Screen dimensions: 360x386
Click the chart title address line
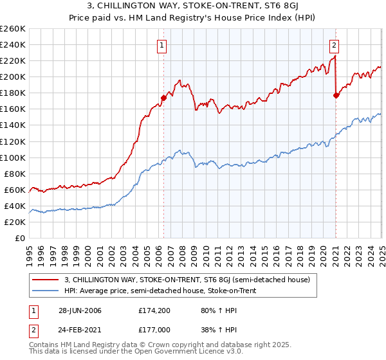coord(192,7)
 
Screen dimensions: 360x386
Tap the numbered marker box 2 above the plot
coord(335,45)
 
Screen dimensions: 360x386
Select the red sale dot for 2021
coord(336,95)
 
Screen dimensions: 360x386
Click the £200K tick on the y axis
coord(13,76)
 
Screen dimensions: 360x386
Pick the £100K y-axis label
coord(13,157)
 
